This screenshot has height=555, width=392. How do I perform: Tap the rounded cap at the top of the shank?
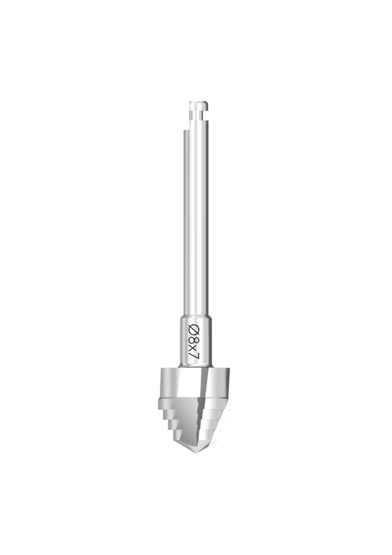(x=199, y=105)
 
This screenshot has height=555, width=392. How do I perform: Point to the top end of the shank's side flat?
(x=185, y=130)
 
